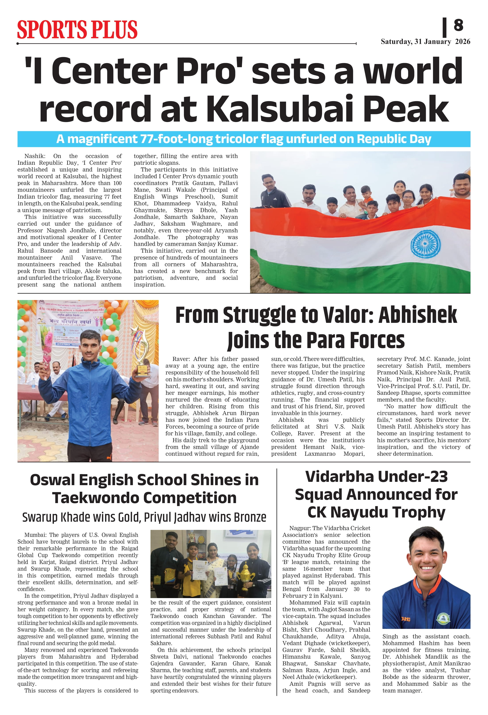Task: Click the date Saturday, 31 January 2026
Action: pos(425,42)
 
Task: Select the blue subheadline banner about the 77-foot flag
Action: pos(243,139)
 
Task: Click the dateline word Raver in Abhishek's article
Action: pos(182,359)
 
